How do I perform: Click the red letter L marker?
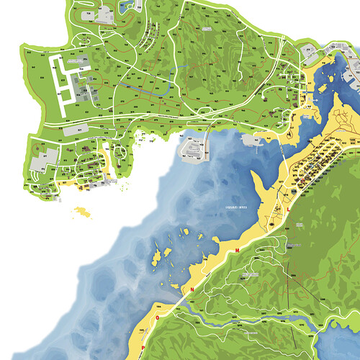tap(289, 208)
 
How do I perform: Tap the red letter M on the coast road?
tap(237, 250)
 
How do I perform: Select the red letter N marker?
tap(192, 289)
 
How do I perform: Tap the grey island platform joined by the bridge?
tap(192, 150)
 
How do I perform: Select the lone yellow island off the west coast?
tap(86, 212)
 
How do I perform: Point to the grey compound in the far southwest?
tap(38, 162)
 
